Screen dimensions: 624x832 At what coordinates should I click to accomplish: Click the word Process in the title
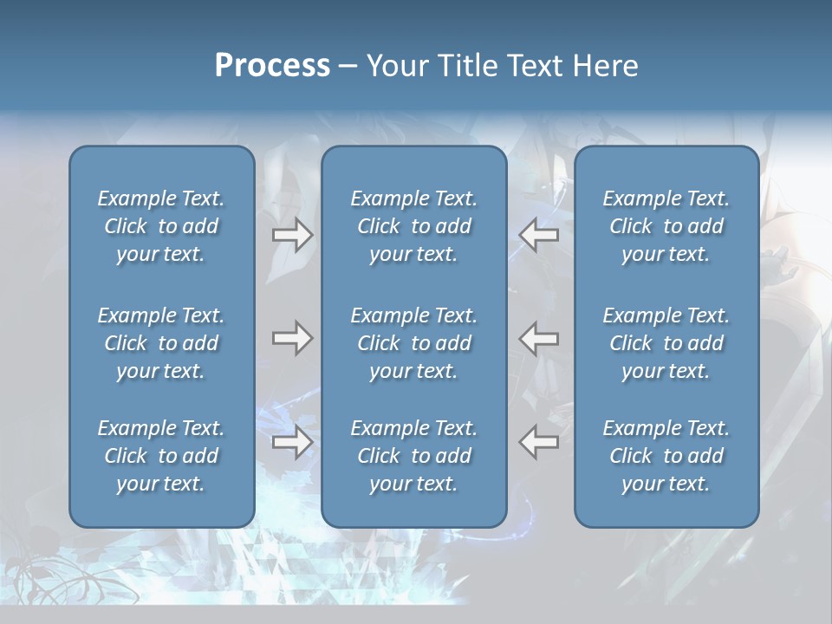(x=272, y=66)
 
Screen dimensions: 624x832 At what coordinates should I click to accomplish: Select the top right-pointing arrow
(x=292, y=234)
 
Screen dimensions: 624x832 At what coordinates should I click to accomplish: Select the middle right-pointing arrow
(x=292, y=338)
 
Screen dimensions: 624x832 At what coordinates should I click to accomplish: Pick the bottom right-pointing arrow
(x=292, y=442)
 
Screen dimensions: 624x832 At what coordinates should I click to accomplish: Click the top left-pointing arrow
(x=539, y=234)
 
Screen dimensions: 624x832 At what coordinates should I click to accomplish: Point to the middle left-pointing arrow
(x=539, y=338)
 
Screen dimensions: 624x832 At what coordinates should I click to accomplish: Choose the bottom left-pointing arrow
(x=539, y=442)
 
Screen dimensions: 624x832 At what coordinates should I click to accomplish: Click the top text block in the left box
(x=161, y=226)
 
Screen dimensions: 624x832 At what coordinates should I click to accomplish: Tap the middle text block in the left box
(x=161, y=343)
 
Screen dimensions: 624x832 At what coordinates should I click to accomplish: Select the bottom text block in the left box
(x=161, y=456)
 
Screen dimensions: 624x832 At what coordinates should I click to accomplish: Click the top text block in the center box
(x=414, y=226)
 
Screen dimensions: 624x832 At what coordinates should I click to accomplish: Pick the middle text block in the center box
(x=414, y=343)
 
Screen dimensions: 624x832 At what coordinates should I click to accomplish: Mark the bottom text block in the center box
(x=414, y=456)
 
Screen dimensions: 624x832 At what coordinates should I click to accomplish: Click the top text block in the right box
(x=666, y=226)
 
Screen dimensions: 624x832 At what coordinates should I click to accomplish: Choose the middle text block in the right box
(x=666, y=343)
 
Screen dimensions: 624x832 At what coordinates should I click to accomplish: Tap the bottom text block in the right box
(x=666, y=456)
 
